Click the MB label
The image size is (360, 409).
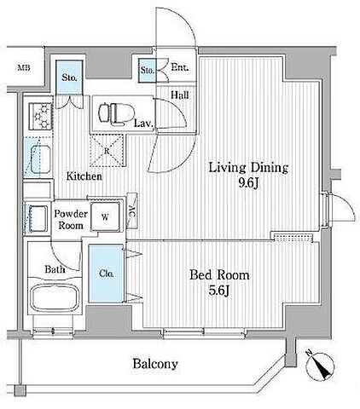24,68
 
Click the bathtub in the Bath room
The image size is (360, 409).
55,297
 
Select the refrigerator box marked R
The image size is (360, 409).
107,151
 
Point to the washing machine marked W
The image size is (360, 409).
105,217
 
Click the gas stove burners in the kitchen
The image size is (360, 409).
41,116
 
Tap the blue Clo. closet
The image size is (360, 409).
106,274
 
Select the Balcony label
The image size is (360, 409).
155,364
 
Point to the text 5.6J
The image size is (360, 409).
219,291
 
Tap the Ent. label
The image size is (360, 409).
179,67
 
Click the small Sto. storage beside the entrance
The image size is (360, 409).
148,71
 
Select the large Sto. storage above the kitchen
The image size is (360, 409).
69,78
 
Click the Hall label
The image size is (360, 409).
180,95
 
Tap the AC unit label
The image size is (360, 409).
132,211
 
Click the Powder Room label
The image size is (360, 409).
71,220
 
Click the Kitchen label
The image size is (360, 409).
84,176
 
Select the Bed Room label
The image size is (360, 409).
219,275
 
